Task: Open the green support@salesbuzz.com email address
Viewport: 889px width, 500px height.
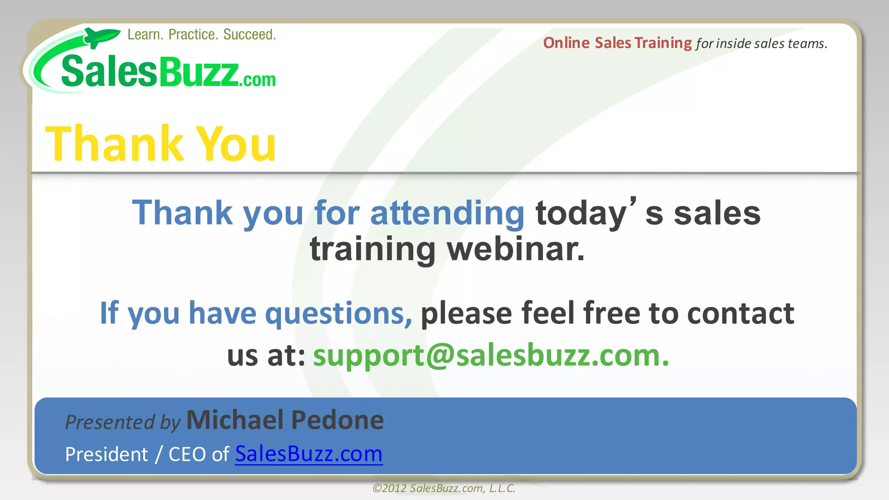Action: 491,355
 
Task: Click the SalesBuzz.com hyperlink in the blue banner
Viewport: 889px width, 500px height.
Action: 309,454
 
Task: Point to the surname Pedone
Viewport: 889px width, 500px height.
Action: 337,420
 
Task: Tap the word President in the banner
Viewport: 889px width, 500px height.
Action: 106,454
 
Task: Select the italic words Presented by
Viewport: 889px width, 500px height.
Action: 122,422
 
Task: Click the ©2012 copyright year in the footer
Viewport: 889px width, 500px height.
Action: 389,488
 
